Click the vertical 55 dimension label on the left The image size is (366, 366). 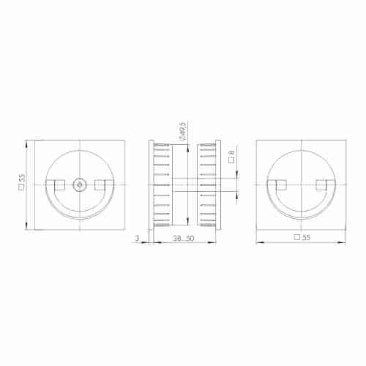tap(23, 178)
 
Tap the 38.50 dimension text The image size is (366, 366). tap(183, 239)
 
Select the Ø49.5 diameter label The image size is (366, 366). tap(181, 132)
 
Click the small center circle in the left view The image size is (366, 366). tap(78, 184)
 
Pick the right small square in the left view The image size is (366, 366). tap(100, 184)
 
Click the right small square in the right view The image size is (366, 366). tap(321, 184)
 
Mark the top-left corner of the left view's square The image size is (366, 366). tap(35, 141)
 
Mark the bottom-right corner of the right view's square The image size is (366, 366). tap(344, 229)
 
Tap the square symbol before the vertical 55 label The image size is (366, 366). tap(23, 188)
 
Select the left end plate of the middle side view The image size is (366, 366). tap(151, 184)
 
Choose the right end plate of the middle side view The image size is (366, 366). tap(217, 184)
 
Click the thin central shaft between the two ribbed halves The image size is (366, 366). tap(184, 184)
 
